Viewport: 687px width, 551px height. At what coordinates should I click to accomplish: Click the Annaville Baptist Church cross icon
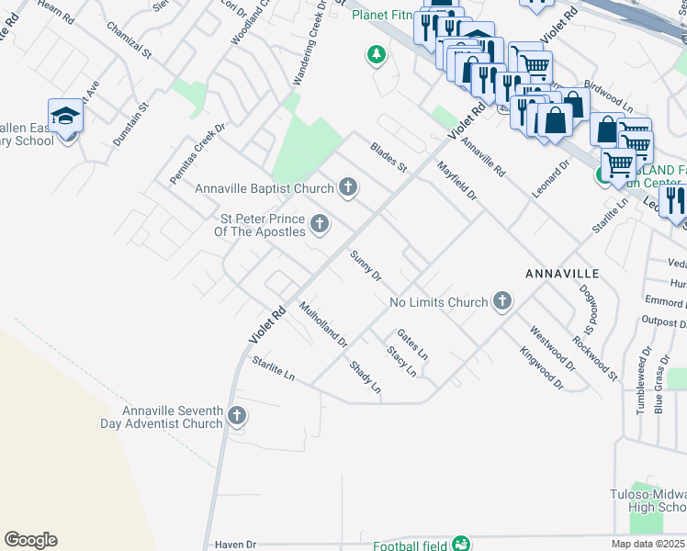pos(347,188)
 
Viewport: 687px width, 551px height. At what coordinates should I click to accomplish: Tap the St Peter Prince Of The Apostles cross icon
pos(320,223)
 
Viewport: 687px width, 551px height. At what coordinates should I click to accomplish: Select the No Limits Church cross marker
pos(501,300)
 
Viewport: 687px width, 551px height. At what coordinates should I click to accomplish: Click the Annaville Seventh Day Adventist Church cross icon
pos(236,416)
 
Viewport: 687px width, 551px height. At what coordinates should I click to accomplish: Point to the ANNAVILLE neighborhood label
pos(562,274)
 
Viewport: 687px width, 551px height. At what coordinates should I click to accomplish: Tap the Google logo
pos(30,540)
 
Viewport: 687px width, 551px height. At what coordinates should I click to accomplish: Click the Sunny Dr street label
pos(366,265)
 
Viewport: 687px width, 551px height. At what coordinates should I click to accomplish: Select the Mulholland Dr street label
pos(323,325)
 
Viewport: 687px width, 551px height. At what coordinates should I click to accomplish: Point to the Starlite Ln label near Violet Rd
pos(274,369)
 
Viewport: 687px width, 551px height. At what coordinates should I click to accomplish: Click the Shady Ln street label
pos(365,377)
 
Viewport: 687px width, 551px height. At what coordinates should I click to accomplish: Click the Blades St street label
pos(389,157)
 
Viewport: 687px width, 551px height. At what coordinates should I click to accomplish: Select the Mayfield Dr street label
pos(457,182)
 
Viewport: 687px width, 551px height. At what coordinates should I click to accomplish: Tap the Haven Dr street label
pos(235,545)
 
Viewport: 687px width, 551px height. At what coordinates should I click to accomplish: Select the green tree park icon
pos(376,56)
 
